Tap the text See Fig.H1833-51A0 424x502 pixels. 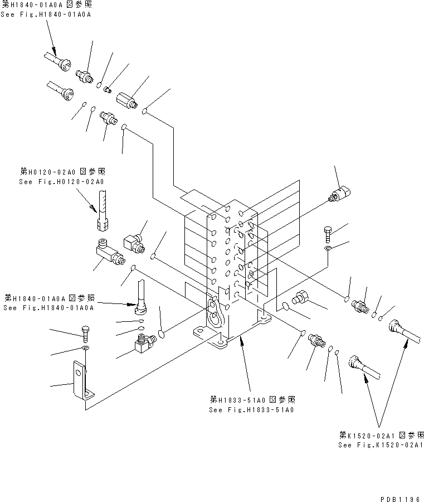[251, 409]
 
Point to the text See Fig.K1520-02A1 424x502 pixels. [381, 445]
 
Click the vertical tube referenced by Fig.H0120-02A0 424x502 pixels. [103, 209]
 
